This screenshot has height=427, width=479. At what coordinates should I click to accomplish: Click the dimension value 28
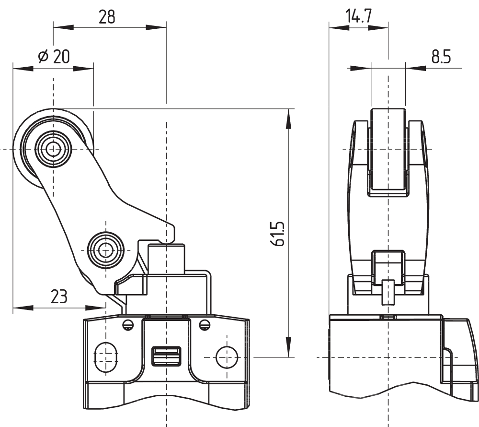pos(107,17)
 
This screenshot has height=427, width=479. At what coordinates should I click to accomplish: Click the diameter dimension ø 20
pos(54,57)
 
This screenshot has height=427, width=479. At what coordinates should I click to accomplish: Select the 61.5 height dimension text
pos(278,234)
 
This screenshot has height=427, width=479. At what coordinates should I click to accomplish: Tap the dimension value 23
pos(58,297)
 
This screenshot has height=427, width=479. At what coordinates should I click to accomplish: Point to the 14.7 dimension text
pos(359,17)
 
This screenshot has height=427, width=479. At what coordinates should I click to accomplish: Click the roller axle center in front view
pos(53,149)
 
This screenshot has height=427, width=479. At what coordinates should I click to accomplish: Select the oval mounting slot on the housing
pos(105,356)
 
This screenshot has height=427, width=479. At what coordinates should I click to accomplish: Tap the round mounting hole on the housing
pos(227,357)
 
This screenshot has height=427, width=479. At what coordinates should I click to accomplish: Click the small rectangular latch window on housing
pos(166,356)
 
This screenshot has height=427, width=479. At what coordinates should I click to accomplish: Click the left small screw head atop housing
pos(127,325)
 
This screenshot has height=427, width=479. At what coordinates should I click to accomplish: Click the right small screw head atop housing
pos(205,325)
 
